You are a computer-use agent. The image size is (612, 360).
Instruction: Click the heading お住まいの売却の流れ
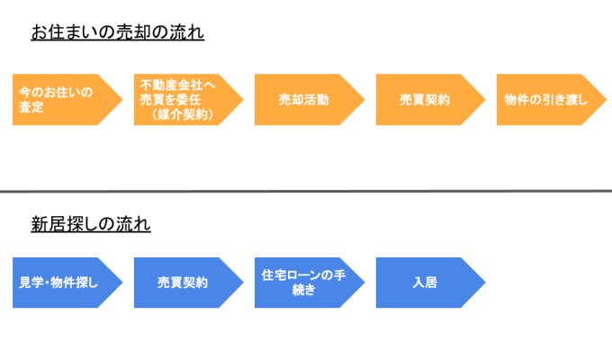118,33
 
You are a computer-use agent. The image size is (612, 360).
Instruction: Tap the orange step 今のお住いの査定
59,100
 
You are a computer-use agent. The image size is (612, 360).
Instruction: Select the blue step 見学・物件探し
59,283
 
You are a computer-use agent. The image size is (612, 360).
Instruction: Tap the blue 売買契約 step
183,283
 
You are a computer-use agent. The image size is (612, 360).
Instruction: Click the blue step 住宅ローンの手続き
304,283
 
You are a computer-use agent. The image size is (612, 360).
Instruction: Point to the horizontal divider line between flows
306,191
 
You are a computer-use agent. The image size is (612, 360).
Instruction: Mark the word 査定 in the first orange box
31,108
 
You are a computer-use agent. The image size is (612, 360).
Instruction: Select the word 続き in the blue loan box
304,290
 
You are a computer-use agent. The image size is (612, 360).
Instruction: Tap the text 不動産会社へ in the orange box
177,85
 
